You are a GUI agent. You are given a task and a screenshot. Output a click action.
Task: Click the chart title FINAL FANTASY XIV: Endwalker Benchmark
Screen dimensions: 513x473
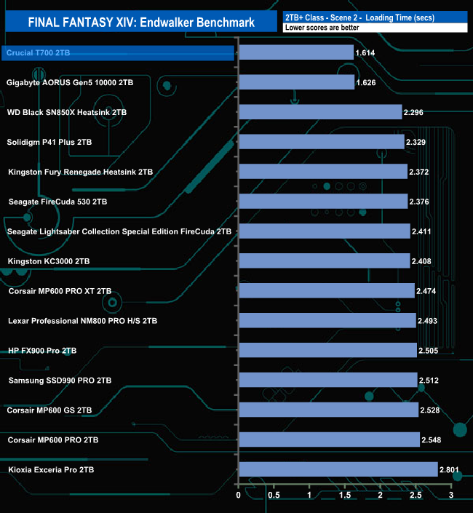141,23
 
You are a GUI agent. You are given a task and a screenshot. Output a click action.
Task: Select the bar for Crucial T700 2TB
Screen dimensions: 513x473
295,52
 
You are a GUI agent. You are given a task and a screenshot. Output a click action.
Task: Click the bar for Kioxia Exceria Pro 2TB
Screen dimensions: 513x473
338,470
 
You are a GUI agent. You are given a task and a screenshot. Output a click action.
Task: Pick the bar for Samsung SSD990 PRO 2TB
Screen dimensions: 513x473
327,380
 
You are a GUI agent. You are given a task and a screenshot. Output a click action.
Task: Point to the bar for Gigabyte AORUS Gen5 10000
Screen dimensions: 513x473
296,82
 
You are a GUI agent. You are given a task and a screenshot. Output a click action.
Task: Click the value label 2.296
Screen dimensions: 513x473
413,113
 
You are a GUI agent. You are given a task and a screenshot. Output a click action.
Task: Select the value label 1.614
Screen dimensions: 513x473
365,53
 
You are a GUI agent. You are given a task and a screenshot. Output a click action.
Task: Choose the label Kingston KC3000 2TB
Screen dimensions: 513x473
48,261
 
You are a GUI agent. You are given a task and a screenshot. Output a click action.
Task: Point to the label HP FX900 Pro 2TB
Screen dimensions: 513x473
42,351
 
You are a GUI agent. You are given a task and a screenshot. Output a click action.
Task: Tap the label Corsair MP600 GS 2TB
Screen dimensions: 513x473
49,410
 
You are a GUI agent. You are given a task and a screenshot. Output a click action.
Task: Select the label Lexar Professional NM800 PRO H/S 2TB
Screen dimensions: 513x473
82,321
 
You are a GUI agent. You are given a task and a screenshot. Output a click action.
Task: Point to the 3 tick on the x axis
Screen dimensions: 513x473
451,496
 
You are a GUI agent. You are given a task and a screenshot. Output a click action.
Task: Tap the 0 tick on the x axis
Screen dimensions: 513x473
239,496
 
